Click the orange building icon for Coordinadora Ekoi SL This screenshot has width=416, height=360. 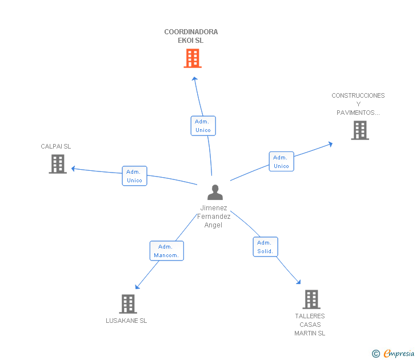tap(193, 58)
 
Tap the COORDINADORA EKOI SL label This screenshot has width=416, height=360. tap(191, 36)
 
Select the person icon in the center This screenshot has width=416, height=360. tap(215, 193)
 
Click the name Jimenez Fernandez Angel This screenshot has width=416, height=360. tap(214, 216)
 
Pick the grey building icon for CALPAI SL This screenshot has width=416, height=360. tap(58, 164)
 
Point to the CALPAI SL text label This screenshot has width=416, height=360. tap(56, 146)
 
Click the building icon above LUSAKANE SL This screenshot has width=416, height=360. tap(128, 304)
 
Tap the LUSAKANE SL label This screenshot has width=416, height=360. tap(126, 321)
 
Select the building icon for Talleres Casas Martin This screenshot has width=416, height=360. tap(311, 299)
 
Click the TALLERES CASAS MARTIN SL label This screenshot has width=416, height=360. tap(310, 325)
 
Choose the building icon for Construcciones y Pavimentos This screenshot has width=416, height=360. tap(360, 130)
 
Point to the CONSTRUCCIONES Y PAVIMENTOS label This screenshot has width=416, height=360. tap(358, 104)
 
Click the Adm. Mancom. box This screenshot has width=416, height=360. tap(167, 251)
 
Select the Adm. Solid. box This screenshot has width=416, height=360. tap(265, 247)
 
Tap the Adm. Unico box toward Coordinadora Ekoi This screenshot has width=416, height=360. tap(203, 126)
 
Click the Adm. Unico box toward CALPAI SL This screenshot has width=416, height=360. tap(134, 176)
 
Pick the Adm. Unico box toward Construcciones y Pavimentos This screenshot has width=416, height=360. tap(282, 161)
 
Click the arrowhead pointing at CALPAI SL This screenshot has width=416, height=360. tap(73, 169)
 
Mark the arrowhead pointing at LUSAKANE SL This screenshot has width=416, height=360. tap(137, 286)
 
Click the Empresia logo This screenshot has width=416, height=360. tap(393, 354)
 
